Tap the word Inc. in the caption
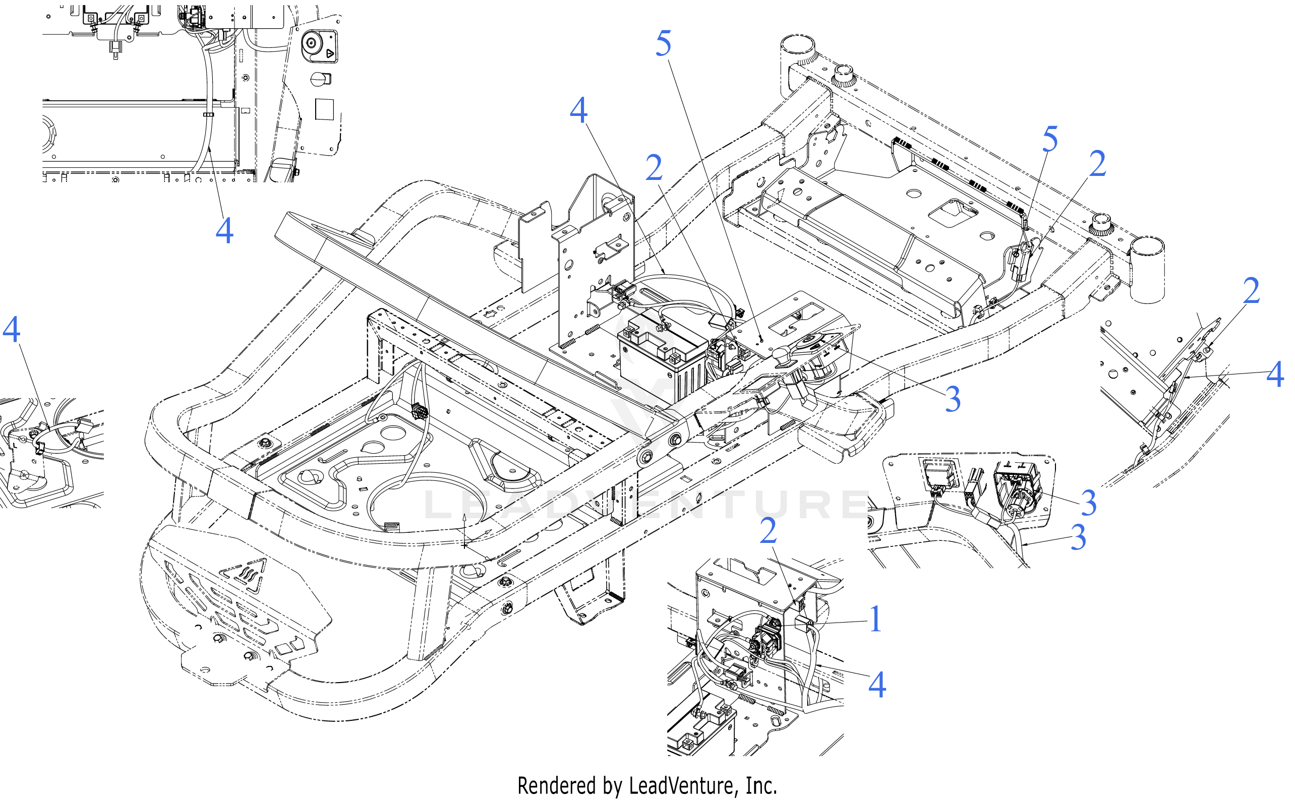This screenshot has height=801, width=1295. [x=761, y=786]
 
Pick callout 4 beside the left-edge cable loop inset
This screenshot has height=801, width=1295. [x=12, y=330]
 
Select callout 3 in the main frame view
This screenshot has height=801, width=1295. [x=952, y=399]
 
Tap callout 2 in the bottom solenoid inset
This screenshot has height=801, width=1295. [x=768, y=531]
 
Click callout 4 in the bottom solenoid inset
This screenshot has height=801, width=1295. [x=877, y=685]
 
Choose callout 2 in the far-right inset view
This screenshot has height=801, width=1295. [x=1251, y=291]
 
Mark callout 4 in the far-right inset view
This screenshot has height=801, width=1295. [x=1275, y=374]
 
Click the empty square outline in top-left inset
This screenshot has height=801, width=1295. [x=324, y=108]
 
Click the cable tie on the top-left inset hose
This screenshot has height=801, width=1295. [x=208, y=114]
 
